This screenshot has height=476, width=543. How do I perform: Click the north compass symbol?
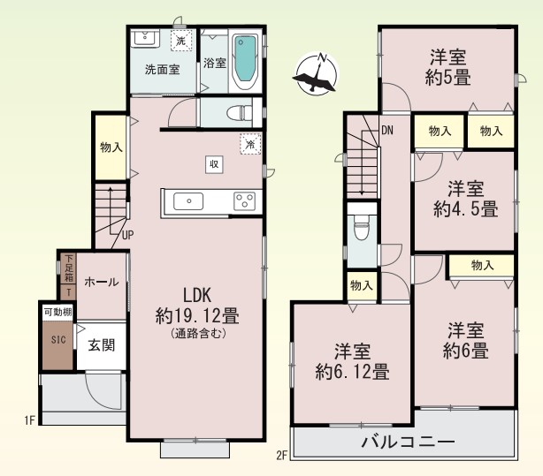[x=316, y=73]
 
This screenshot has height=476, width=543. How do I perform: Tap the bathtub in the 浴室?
[x=246, y=63]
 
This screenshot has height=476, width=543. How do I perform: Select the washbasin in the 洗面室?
[x=145, y=38]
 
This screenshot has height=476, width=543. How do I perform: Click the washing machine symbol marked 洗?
[x=181, y=41]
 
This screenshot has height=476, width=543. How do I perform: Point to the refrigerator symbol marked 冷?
[x=250, y=144]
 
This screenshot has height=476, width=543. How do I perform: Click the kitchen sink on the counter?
[x=188, y=201]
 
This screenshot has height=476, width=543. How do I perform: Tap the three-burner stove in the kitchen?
[x=244, y=201]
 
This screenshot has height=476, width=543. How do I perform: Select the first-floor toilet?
[x=240, y=113]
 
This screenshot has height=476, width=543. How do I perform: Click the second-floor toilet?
[x=361, y=227]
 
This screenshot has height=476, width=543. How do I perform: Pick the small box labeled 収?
[x=214, y=164]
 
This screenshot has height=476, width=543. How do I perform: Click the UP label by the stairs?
[x=127, y=235]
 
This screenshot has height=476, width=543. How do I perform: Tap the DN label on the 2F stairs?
[x=387, y=130]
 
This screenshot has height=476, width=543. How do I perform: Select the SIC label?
[x=58, y=339]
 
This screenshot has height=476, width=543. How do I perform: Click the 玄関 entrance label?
[x=101, y=345]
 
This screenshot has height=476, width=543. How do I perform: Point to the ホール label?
[x=102, y=282]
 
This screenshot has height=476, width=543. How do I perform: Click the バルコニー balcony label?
[x=408, y=442]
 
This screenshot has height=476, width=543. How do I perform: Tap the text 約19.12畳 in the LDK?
[x=197, y=315]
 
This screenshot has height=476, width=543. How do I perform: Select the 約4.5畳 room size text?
[x=466, y=208]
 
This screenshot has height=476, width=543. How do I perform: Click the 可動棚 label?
[x=57, y=312]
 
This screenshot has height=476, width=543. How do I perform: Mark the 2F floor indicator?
[x=282, y=455]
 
